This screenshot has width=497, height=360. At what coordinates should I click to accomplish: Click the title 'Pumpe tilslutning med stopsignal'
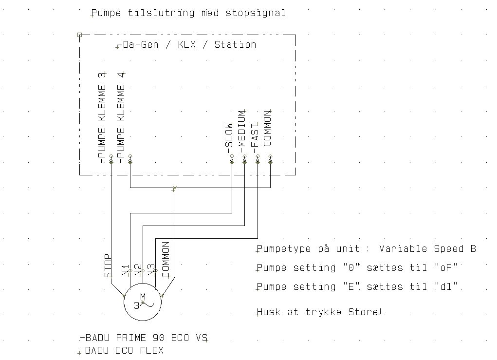(x=188, y=13)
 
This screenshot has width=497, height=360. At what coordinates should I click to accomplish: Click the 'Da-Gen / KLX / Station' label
(x=187, y=44)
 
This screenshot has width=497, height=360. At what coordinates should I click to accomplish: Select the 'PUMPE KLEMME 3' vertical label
(x=102, y=118)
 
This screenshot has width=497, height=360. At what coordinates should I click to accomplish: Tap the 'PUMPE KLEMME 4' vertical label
(x=121, y=118)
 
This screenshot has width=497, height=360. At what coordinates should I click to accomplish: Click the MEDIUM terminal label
(x=241, y=133)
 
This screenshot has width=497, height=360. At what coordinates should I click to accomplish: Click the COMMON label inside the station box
(x=268, y=133)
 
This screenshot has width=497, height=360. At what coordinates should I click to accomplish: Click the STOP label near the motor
(x=108, y=266)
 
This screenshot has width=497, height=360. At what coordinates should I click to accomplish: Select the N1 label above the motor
(x=126, y=270)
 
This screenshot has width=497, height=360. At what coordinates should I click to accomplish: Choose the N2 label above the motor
(x=138, y=270)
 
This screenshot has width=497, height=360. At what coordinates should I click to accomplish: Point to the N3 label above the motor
(x=151, y=270)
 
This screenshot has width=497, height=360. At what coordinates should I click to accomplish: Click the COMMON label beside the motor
(x=166, y=260)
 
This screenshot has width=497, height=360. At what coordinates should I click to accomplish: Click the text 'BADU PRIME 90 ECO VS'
(x=144, y=338)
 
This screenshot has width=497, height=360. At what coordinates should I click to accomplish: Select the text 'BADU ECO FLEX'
(x=122, y=350)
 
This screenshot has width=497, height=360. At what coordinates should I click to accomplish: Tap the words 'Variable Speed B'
(x=427, y=248)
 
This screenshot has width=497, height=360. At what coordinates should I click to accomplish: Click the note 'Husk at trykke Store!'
(x=319, y=312)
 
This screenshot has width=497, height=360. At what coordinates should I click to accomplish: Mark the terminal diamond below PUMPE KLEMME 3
(x=111, y=162)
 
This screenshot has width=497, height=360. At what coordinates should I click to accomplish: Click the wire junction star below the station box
(x=174, y=188)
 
